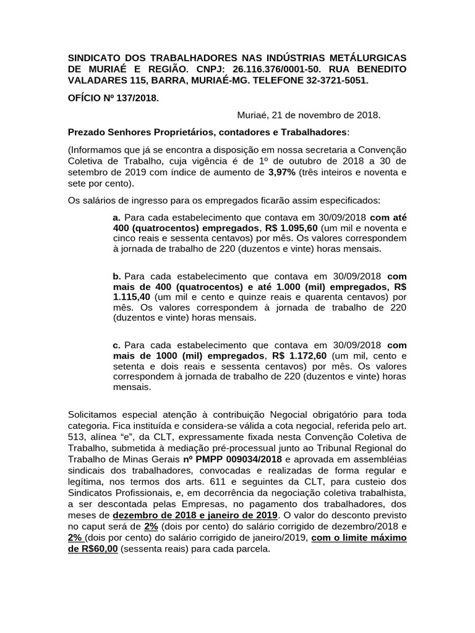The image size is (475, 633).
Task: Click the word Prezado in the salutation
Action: (x=87, y=132)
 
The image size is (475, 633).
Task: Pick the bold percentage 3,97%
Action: (x=281, y=172)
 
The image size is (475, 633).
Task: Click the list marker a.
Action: (x=116, y=218)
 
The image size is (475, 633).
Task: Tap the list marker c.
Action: (x=116, y=344)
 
